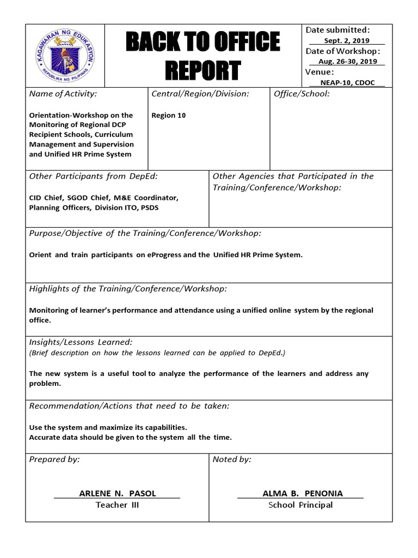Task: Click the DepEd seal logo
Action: pos(68,56)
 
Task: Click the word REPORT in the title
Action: pos(202,70)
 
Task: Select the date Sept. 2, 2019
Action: pos(347,40)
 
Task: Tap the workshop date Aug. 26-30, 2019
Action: pos(347,62)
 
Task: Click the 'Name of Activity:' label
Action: pos(63,94)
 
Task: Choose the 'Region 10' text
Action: pos(169,116)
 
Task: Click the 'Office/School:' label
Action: pos(302,94)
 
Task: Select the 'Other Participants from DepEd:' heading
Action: pos(93,176)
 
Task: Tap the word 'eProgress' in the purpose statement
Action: pos(165,255)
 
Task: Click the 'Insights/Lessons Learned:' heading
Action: pos(81,342)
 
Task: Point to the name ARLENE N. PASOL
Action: pos(118,493)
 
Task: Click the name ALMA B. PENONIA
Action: pos(303,493)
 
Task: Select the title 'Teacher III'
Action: pos(117,505)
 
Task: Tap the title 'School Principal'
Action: pos(300,505)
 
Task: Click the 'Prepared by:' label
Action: pos(54,459)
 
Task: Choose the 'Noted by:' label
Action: pos(232,459)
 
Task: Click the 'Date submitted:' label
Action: pos(337,30)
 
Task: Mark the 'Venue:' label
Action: pos(319,72)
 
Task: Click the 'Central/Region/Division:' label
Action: pos(200,94)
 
